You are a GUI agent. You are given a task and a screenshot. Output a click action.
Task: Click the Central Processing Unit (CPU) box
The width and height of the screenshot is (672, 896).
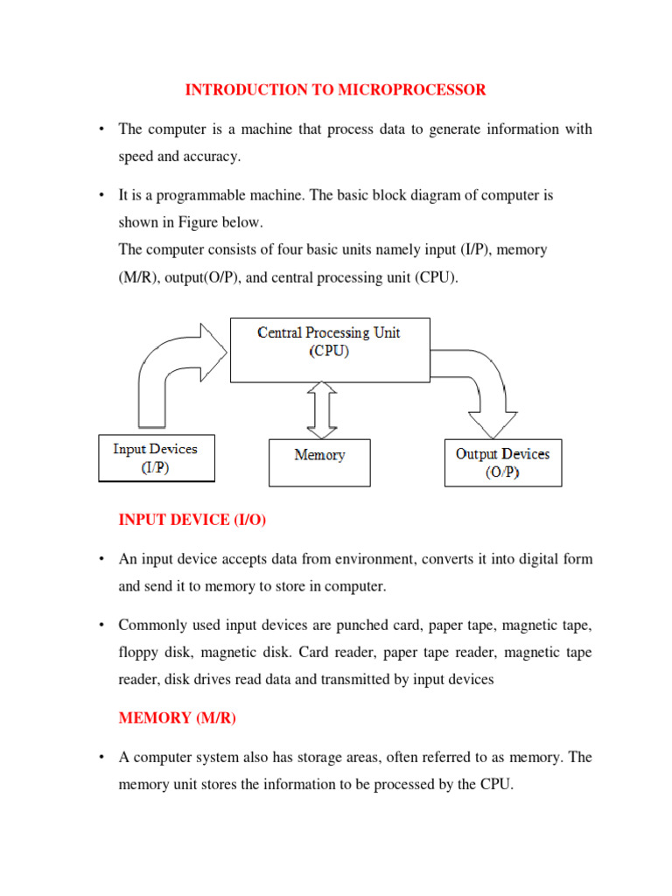329,350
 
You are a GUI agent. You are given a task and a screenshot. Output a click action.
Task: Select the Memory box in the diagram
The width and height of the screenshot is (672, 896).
319,462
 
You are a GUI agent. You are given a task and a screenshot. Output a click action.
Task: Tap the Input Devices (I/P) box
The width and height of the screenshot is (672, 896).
156,458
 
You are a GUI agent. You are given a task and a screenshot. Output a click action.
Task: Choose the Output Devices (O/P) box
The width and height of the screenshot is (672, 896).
503,463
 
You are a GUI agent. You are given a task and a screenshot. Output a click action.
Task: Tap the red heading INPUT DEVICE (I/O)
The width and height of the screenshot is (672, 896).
192,520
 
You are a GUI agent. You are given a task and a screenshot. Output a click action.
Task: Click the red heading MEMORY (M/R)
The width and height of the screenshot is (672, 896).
178,717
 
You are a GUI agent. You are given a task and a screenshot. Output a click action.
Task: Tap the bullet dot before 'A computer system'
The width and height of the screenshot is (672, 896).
101,758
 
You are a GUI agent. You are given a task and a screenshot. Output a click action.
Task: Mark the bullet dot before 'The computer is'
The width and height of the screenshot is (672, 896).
101,129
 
